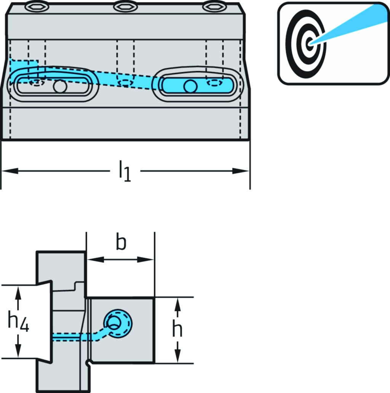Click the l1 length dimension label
coord(125,171)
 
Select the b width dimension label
coord(121,243)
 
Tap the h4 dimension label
coord(19,321)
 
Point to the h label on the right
coord(177,330)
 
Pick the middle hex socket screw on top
coord(123,6)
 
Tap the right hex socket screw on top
coord(211,6)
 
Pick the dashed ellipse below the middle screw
coord(126,82)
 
